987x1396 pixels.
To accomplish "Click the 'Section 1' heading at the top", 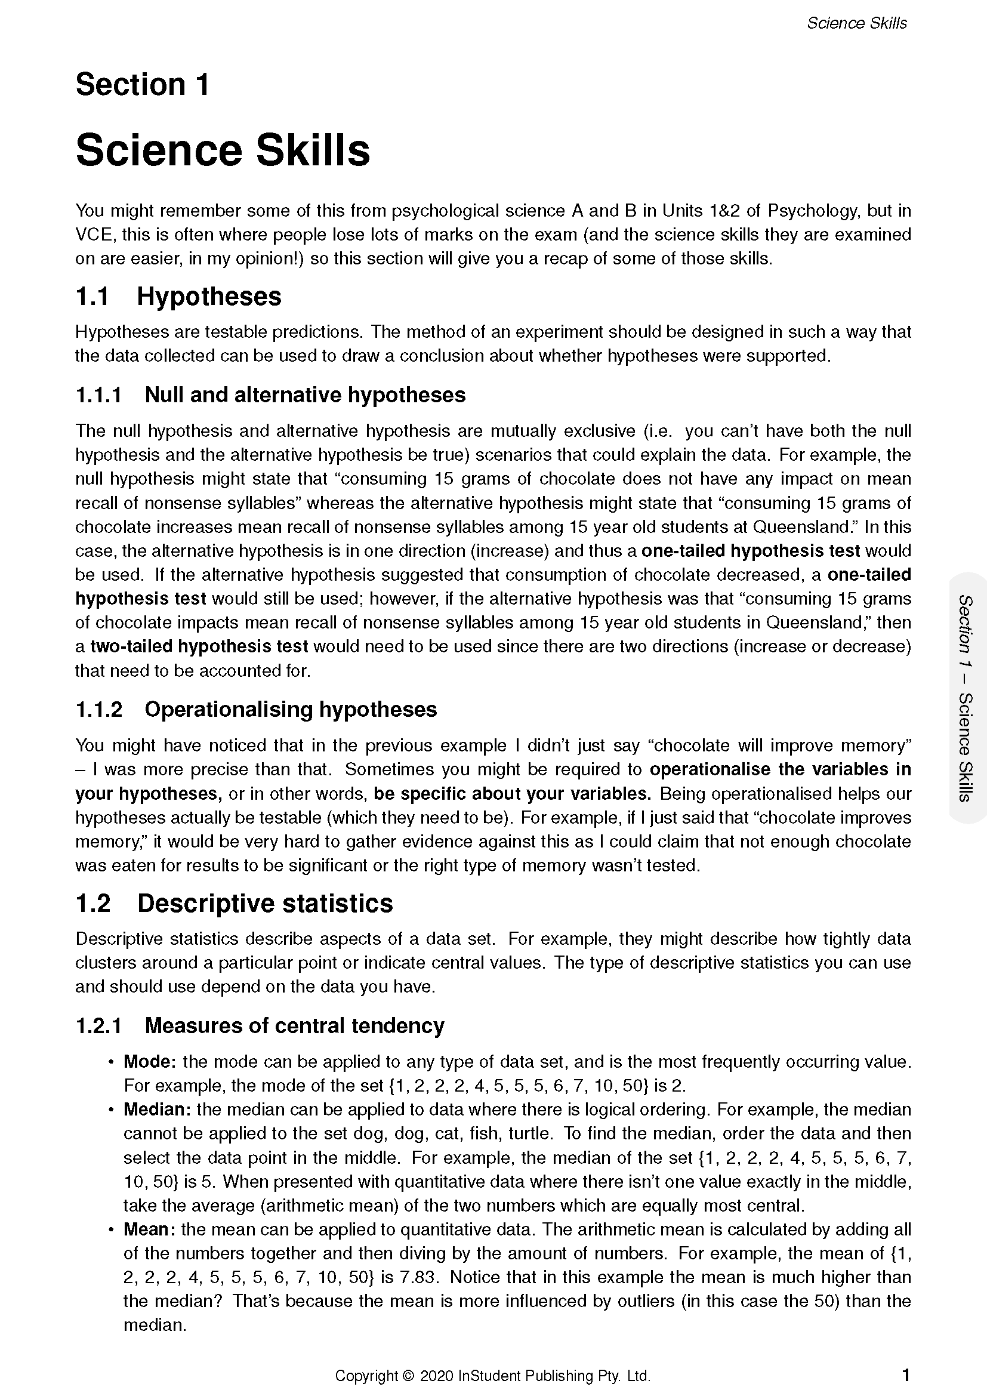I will pos(142,85).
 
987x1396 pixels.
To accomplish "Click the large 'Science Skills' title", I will pos(223,150).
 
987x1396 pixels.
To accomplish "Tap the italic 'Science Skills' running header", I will pos(856,23).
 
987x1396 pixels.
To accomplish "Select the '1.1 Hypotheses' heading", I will pos(178,297).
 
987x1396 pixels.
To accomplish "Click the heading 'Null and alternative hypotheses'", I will pos(304,395).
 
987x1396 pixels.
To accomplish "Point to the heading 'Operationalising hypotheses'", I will pos(291,710).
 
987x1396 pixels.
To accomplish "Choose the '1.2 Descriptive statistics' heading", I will pos(234,904).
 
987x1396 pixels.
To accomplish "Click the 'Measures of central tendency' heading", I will pos(294,1026).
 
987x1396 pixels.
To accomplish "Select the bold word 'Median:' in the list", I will pos(158,1110).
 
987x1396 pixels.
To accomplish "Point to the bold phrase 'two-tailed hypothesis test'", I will pos(199,646).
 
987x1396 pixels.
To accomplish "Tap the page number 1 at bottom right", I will pos(906,1375).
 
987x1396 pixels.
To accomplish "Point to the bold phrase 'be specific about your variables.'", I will pos(513,794).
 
